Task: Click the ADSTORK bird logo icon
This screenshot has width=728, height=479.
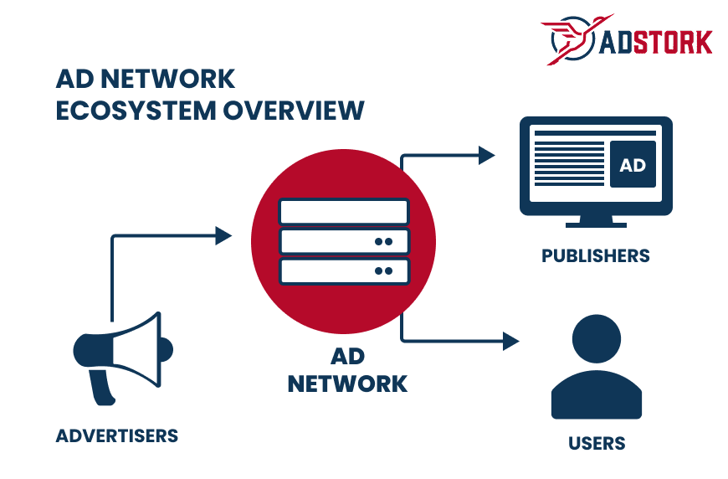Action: (569, 39)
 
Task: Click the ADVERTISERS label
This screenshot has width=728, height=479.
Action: (117, 435)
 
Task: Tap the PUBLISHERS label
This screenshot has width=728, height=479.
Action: (596, 255)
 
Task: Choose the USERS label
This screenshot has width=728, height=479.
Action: (597, 442)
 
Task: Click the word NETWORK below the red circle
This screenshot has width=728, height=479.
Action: (347, 384)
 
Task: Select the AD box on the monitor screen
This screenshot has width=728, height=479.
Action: (633, 165)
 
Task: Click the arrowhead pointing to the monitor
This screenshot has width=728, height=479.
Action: (486, 155)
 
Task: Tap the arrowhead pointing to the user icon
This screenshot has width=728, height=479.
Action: (510, 341)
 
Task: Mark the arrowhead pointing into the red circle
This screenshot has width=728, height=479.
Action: (223, 236)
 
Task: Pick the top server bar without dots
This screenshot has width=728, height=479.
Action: (344, 211)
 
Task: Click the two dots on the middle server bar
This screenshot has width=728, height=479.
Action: (383, 241)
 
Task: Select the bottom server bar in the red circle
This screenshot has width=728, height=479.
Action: (344, 271)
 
